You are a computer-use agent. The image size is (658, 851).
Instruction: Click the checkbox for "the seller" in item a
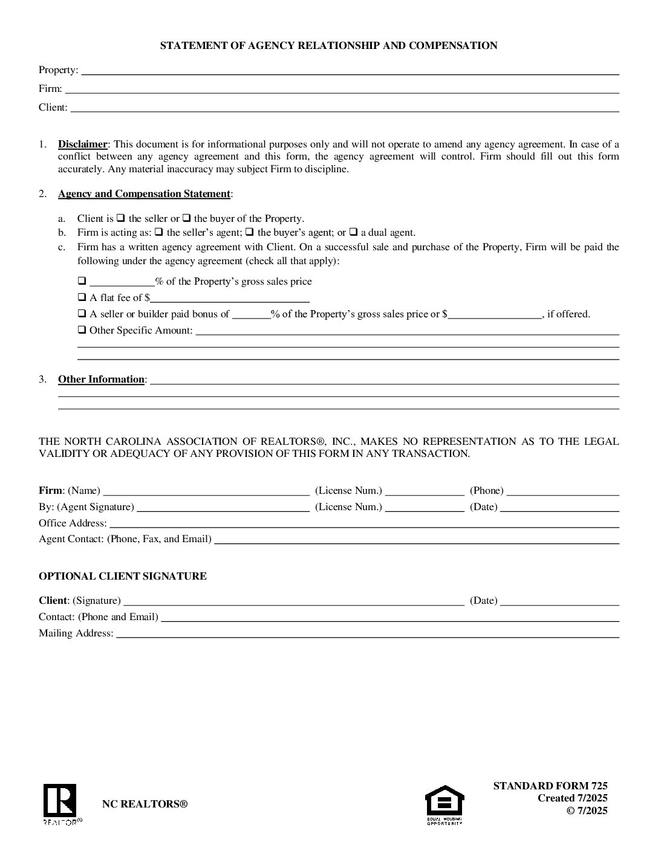click(120, 218)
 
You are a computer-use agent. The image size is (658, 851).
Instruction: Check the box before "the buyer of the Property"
click(187, 218)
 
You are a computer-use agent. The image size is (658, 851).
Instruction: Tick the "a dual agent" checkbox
click(354, 232)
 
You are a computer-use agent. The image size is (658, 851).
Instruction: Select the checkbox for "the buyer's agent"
click(250, 232)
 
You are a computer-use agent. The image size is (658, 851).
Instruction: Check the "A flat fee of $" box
click(82, 297)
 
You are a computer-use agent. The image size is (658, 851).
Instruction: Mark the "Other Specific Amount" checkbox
click(82, 330)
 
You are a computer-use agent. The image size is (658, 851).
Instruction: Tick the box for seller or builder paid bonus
click(82, 314)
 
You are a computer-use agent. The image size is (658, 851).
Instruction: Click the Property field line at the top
click(350, 71)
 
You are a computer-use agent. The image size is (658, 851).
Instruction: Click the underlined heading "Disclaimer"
click(82, 144)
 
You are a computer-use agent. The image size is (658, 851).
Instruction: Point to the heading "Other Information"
click(101, 380)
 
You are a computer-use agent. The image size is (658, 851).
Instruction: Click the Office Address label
click(73, 523)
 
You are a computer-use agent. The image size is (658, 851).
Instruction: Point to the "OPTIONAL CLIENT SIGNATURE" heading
click(123, 577)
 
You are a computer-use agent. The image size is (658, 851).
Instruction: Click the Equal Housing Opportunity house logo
click(445, 802)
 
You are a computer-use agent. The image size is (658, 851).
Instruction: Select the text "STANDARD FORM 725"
click(550, 786)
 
